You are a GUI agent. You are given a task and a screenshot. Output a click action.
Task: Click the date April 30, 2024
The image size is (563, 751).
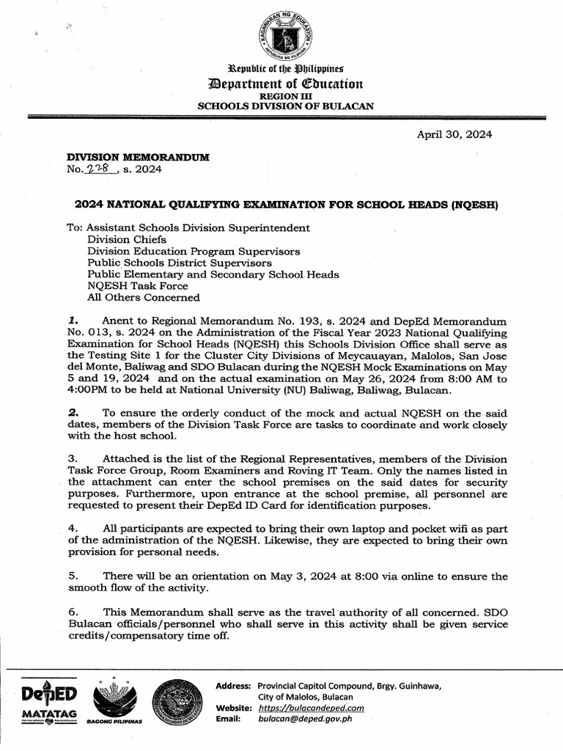pos(455,134)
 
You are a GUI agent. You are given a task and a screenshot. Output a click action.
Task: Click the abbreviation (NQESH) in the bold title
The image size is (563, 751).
pos(476,205)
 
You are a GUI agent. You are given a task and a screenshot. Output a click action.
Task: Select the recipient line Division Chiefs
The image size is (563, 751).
pos(127,239)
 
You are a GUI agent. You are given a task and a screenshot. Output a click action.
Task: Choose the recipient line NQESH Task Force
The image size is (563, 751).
pos(138,286)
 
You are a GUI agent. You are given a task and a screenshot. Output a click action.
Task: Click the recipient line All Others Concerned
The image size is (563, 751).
pos(143,298)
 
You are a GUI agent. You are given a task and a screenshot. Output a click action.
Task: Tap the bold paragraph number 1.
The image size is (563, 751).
pos(71,320)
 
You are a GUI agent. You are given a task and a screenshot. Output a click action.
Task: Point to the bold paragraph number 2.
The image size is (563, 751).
pos(71,412)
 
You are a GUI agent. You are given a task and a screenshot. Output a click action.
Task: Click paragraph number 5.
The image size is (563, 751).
pos(72,576)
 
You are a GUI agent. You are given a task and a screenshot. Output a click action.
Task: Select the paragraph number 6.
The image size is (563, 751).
pos(72,611)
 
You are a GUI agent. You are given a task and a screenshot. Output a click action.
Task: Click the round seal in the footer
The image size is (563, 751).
pos(180,700)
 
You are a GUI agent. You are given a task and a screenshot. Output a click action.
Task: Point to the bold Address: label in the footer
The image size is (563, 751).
pos(234,686)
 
